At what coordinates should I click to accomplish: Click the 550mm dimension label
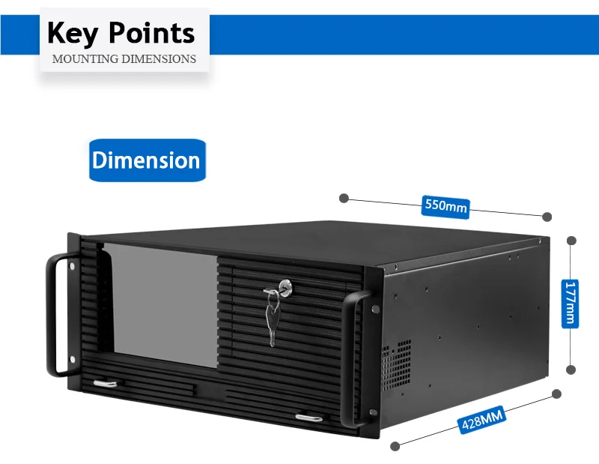pos(446,205)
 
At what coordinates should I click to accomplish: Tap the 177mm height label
pos(571,303)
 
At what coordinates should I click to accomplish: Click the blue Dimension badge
pos(146,160)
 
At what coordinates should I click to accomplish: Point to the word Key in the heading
pos(73,33)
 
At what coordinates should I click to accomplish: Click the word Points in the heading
pos(151,33)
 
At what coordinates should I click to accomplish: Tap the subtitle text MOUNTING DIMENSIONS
pos(124,58)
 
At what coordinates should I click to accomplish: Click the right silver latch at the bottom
pos(308,416)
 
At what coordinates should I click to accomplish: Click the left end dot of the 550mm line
pos(344,198)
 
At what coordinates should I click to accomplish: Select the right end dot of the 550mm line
pos(547,217)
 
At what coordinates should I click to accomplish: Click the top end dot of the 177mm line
pos(571,241)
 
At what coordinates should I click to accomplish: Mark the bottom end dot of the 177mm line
pos(571,370)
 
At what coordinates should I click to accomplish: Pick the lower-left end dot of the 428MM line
pos(395,445)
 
